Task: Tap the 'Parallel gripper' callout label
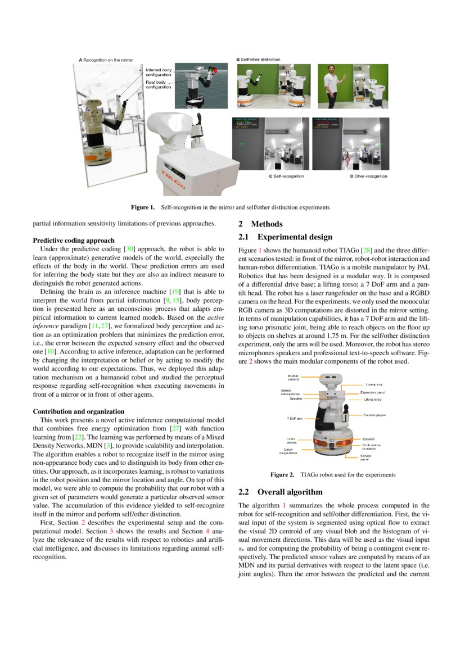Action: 374,415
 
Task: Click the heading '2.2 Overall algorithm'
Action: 278,492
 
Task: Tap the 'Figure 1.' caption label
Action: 143,207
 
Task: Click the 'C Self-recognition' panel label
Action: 285,176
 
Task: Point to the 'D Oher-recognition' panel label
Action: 368,176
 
